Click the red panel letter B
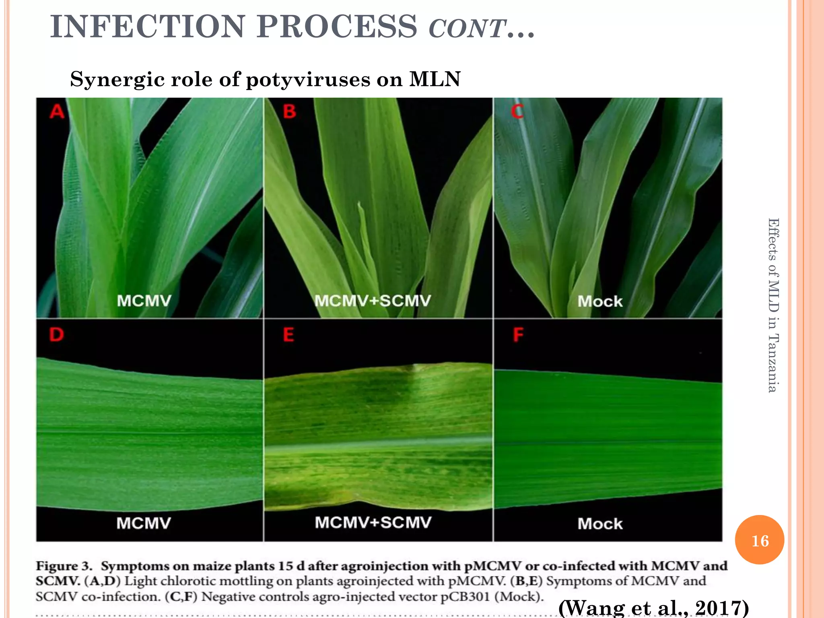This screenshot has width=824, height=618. pyautogui.click(x=289, y=111)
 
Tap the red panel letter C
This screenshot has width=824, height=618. pyautogui.click(x=517, y=111)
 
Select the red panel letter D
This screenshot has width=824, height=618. pyautogui.click(x=56, y=334)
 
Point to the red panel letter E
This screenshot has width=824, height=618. pyautogui.click(x=288, y=334)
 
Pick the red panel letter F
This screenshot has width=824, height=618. pyautogui.click(x=518, y=334)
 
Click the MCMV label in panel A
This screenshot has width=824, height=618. pyautogui.click(x=144, y=301)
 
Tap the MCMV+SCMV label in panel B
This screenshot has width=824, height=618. pyautogui.click(x=373, y=301)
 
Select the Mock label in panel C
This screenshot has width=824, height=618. pyautogui.click(x=600, y=301)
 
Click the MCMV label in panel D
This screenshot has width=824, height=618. pyautogui.click(x=144, y=523)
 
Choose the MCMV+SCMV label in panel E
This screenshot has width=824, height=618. pyautogui.click(x=373, y=522)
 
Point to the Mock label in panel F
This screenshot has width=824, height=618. pyautogui.click(x=600, y=524)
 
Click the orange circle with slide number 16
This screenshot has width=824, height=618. pyautogui.click(x=760, y=540)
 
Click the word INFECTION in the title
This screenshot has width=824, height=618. pyautogui.click(x=147, y=27)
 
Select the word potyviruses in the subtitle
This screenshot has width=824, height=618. pyautogui.click(x=308, y=79)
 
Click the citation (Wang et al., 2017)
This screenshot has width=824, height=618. pyautogui.click(x=653, y=608)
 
